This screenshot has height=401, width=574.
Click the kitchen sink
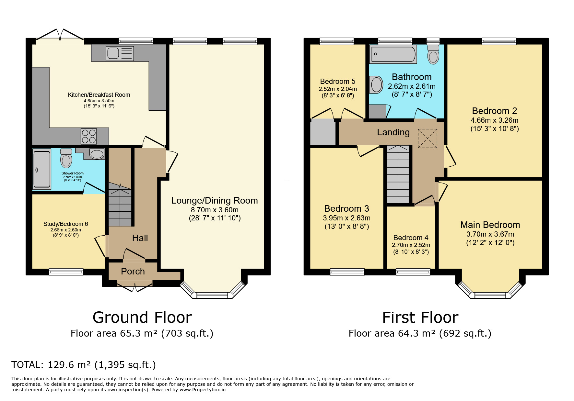tap(120, 53)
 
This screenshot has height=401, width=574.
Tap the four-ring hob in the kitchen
tap(89, 136)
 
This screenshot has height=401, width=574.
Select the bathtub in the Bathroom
tap(393, 54)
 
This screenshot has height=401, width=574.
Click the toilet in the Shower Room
tap(66, 158)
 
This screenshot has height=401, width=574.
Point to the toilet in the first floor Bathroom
tap(433, 54)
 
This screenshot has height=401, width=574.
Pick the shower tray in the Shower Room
tap(42, 169)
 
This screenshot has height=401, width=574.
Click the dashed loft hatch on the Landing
tap(428, 139)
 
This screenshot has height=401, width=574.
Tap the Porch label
tap(133, 271)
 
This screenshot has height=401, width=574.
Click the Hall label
tap(140, 238)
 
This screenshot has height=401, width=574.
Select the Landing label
tap(393, 132)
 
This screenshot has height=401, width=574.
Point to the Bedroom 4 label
tap(411, 238)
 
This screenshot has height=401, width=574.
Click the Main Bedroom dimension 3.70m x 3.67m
tap(490, 234)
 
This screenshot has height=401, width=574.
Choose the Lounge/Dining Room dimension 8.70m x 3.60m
tap(215, 210)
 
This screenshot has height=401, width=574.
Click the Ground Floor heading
tap(142, 317)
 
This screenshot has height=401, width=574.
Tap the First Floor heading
tap(420, 317)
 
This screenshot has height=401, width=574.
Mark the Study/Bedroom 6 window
tap(66, 272)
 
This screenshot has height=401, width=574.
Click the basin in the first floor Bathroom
tap(376, 84)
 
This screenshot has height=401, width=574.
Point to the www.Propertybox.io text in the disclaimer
tap(203, 390)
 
